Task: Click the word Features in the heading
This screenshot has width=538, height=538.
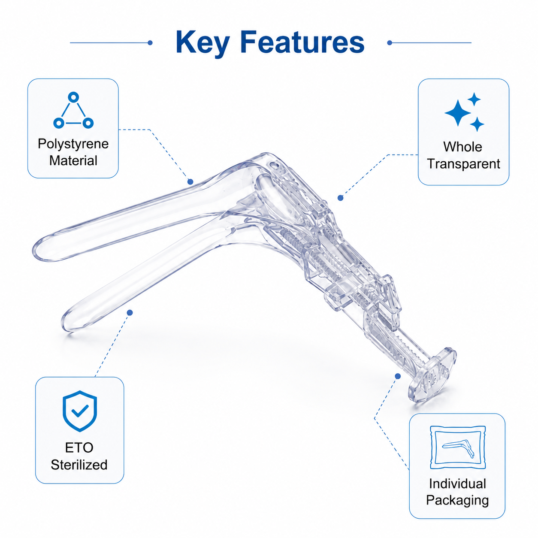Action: click(x=302, y=42)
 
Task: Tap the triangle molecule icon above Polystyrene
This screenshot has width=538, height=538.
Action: click(x=73, y=110)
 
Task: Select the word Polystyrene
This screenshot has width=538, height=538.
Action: click(x=73, y=144)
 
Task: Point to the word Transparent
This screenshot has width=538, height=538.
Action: click(x=463, y=164)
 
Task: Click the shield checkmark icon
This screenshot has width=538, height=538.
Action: click(x=80, y=411)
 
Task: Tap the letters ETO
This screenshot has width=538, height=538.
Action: click(x=79, y=448)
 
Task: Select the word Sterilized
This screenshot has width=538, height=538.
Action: click(x=79, y=465)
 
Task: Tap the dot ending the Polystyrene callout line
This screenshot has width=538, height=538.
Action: click(x=190, y=182)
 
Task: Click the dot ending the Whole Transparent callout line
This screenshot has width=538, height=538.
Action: click(x=340, y=198)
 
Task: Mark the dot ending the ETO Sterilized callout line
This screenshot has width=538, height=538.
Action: click(x=130, y=312)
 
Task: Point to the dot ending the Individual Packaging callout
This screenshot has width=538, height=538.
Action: click(x=398, y=376)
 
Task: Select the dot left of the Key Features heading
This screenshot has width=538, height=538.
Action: click(x=150, y=43)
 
